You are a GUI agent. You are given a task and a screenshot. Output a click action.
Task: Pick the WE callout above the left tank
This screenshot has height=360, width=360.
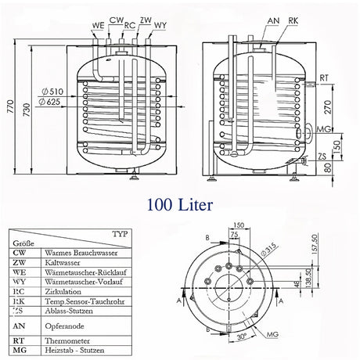coord(98,25)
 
